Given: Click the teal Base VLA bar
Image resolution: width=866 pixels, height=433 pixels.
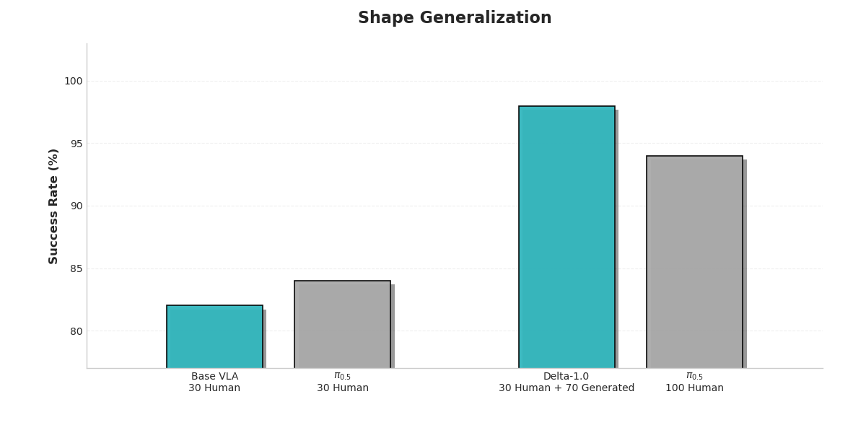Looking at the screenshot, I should pos(214,336).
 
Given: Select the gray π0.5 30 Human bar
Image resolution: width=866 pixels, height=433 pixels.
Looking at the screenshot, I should pos(342,324).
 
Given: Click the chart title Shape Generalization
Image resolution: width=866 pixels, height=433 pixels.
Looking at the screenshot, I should pos(455,18).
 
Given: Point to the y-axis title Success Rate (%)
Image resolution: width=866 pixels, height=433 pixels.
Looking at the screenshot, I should pos(54,206).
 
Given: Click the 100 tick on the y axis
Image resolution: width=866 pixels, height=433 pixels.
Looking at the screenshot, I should pos(73,82).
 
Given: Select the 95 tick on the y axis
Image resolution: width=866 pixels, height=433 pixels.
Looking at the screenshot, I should pos(76,144).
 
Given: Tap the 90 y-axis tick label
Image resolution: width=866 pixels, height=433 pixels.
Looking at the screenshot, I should pos(76,206).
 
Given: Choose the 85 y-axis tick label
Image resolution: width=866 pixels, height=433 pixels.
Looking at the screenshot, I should pos(76,269).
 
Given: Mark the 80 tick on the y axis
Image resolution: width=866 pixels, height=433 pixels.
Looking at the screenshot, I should pos(76,331).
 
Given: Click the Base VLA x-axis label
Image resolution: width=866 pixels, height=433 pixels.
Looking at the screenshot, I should pos(214,377).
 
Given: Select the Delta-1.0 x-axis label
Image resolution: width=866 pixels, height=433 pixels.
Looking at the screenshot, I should pos(567,377).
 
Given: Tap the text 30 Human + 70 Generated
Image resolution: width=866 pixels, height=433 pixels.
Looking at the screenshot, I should pos(567,388).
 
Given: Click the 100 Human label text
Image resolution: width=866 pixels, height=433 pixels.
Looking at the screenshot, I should pos(694,388).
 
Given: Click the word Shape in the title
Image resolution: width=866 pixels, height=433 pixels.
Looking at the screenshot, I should pos(380,18).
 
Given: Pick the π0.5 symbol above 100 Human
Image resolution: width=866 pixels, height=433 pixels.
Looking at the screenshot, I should pos(694,377).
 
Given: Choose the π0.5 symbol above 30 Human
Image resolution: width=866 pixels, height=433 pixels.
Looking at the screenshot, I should pos(342,377).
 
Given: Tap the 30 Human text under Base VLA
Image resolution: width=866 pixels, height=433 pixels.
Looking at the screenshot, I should pos(214,388).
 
